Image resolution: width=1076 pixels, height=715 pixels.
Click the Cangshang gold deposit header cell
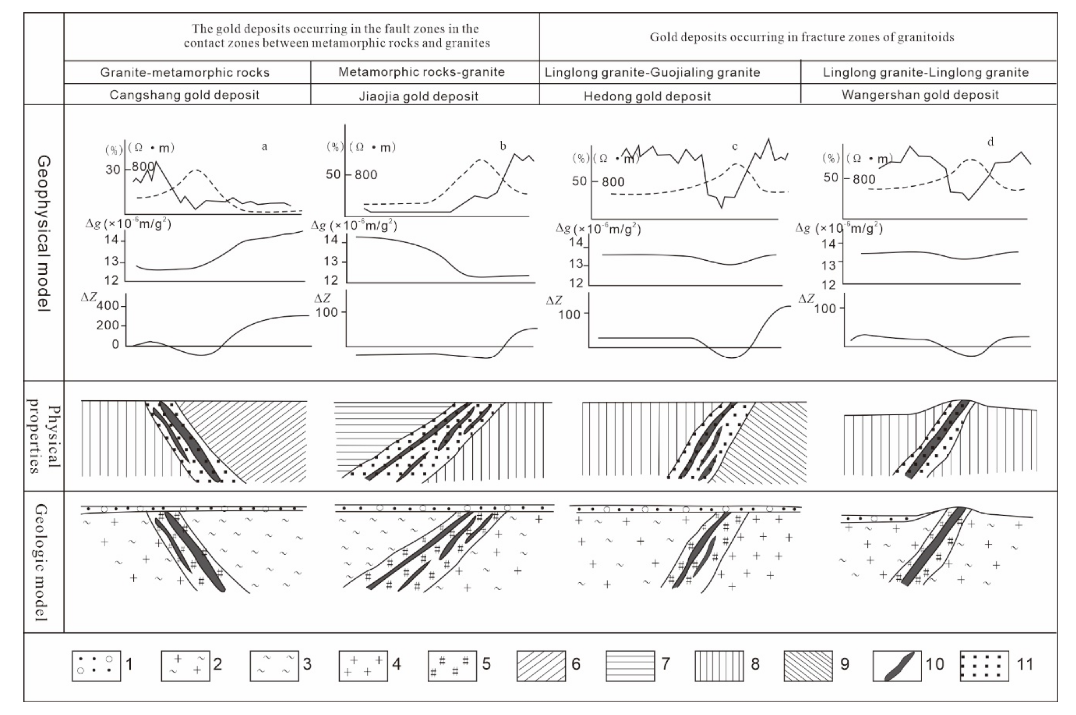tap(184, 95)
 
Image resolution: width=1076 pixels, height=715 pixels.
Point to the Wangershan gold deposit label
tap(920, 95)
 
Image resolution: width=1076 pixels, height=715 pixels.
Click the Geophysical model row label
tap(44, 233)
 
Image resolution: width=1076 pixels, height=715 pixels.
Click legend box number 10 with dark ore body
tap(897, 666)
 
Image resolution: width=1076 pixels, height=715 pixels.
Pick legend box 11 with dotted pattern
tap(984, 666)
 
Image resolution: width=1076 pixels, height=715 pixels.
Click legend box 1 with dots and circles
tap(96, 666)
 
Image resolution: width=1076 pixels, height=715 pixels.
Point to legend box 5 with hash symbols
tap(452, 666)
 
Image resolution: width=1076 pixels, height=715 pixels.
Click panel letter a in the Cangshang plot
tap(264, 146)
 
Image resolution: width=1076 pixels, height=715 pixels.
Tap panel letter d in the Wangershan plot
tap(990, 142)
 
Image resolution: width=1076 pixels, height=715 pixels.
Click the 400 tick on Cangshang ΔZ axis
tap(108, 306)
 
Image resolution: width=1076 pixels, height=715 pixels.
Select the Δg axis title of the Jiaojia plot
tap(354, 225)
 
